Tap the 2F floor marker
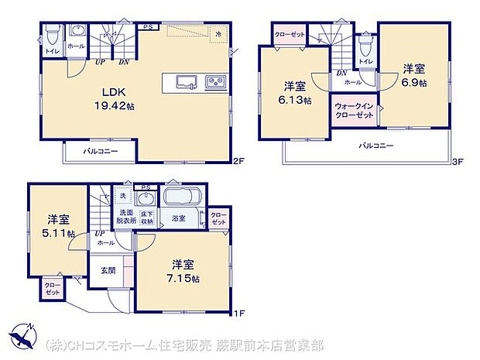(239, 161)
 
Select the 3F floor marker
(458, 161)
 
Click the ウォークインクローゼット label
(355, 110)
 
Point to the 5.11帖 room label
(59, 226)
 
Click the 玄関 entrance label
(108, 270)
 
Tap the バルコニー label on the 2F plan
(101, 150)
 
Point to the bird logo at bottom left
(24, 338)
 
